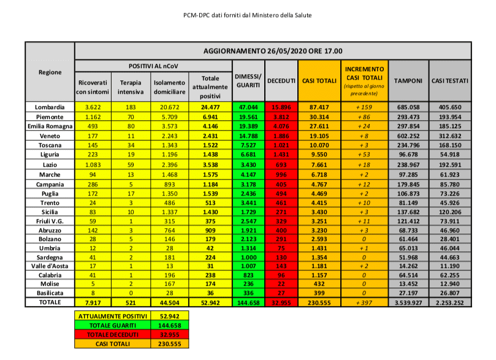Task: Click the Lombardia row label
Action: (50, 107)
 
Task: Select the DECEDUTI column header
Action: (282, 80)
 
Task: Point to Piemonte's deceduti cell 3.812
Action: (282, 117)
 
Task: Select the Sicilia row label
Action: (50, 210)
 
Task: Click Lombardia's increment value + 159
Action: (365, 107)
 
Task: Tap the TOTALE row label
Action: (50, 302)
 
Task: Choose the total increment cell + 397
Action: (365, 302)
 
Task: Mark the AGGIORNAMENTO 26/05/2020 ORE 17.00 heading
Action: (273, 51)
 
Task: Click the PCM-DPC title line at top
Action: (248, 14)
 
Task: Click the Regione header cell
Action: (50, 72)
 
